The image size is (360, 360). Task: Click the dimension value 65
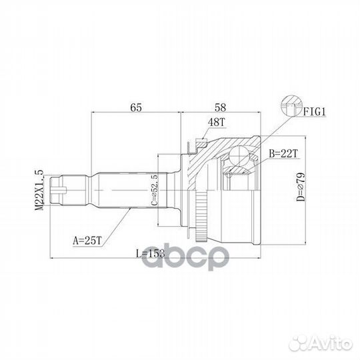pos(135,107)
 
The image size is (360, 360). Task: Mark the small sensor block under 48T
pos(201,141)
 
